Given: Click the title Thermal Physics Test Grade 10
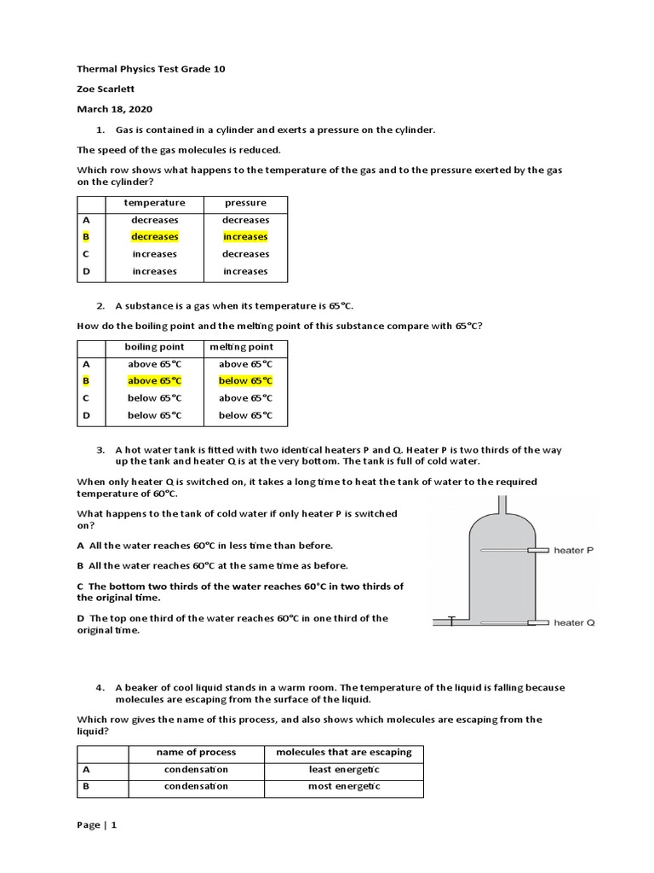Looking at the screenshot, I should click(151, 69).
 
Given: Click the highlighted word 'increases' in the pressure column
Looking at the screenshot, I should click(245, 237).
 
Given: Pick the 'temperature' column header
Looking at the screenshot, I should click(154, 203).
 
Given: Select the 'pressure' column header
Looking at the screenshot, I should click(245, 203).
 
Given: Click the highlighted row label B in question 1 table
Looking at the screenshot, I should click(86, 237).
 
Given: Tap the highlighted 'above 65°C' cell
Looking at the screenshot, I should click(154, 381).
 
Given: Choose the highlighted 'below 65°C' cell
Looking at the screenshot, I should click(245, 381).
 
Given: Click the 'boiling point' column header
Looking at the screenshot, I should click(154, 347).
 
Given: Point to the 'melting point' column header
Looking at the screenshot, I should click(245, 347).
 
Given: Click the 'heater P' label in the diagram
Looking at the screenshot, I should click(574, 551).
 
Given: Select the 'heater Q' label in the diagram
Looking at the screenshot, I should click(574, 623).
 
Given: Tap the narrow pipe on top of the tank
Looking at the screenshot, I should click(503, 503).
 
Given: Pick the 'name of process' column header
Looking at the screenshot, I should click(196, 753).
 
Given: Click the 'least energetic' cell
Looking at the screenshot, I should click(343, 770).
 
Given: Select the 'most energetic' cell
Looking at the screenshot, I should click(343, 787).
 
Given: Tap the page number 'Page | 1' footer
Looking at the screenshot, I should click(96, 825).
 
